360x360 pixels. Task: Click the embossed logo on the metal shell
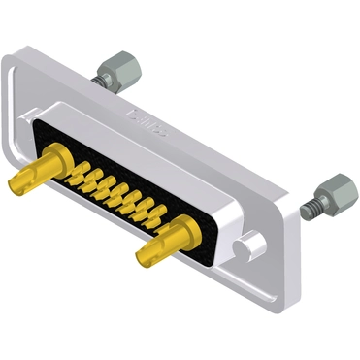point(147,122)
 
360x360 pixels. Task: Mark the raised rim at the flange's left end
point(14,107)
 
